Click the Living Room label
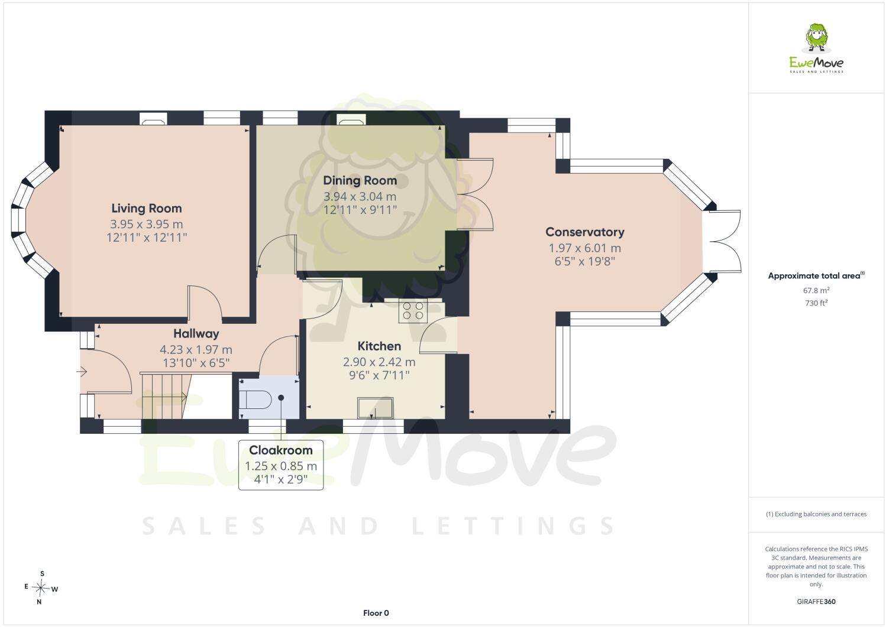tap(146, 208)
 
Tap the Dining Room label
tap(360, 181)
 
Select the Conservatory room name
tap(584, 232)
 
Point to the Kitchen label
tap(379, 346)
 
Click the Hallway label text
tap(196, 334)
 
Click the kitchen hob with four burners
tap(413, 311)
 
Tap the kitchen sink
tap(375, 408)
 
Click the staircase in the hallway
tap(166, 395)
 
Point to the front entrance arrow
tap(82, 372)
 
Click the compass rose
tap(41, 587)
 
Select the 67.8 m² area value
tap(816, 290)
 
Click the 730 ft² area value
tap(816, 303)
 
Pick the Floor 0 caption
tap(376, 613)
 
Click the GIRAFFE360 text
tap(816, 602)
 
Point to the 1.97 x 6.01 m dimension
tap(584, 248)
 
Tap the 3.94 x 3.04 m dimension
tap(360, 196)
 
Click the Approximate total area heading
tap(816, 275)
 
